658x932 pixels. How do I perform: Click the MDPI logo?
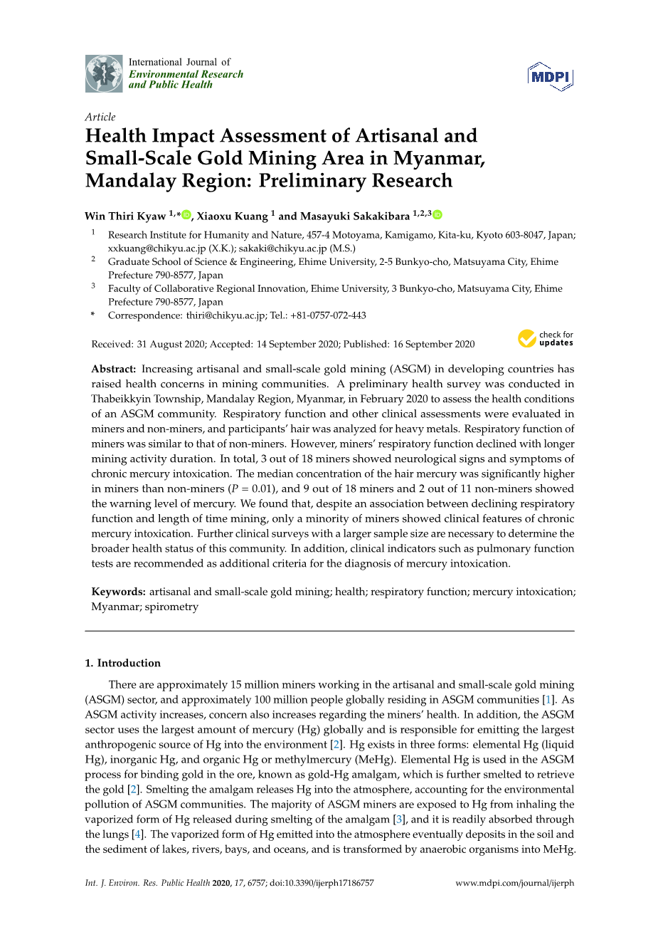pos(551,76)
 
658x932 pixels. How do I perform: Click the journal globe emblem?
pos(104,73)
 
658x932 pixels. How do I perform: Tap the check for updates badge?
pos(546,339)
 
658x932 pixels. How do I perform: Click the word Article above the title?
pos(100,117)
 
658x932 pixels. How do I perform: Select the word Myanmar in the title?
pos(439,158)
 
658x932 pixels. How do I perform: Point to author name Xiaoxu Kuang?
pos(232,216)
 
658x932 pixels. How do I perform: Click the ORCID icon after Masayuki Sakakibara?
pos(437,215)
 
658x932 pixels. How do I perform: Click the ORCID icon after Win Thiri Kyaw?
pos(186,215)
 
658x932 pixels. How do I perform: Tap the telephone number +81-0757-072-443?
pos(328,315)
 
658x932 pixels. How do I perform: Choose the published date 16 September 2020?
pos(434,344)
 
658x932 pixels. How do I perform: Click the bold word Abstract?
pos(113,369)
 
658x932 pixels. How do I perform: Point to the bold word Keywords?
pos(118,592)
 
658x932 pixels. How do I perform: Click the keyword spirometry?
pos(171,607)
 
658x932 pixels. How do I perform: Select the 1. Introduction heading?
pos(122,663)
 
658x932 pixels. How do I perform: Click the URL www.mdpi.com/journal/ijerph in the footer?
pos(514,883)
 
